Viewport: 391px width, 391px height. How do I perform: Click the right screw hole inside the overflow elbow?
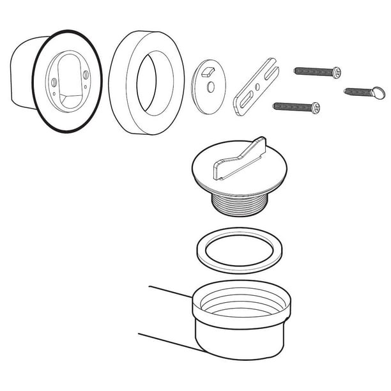pos(85,75)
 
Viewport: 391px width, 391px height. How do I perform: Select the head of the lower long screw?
pos(315,108)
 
